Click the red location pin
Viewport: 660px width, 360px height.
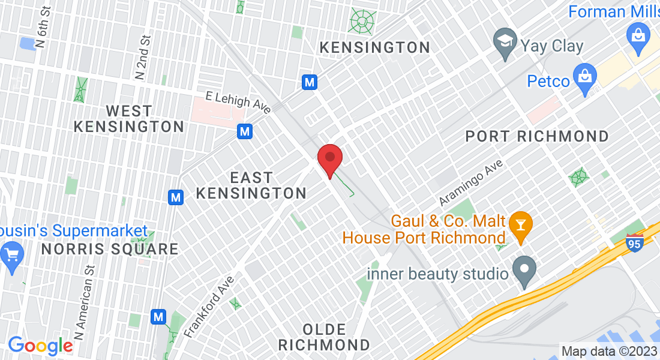(x=329, y=159)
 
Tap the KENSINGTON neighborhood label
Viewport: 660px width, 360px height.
(x=374, y=47)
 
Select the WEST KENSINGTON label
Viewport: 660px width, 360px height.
(x=129, y=119)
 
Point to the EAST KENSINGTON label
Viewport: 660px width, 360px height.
(x=251, y=185)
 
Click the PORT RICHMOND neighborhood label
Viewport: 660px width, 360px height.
(x=537, y=137)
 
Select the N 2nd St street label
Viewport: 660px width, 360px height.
(x=142, y=57)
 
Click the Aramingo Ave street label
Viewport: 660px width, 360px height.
(x=470, y=182)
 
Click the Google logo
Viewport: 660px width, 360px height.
(x=40, y=346)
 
